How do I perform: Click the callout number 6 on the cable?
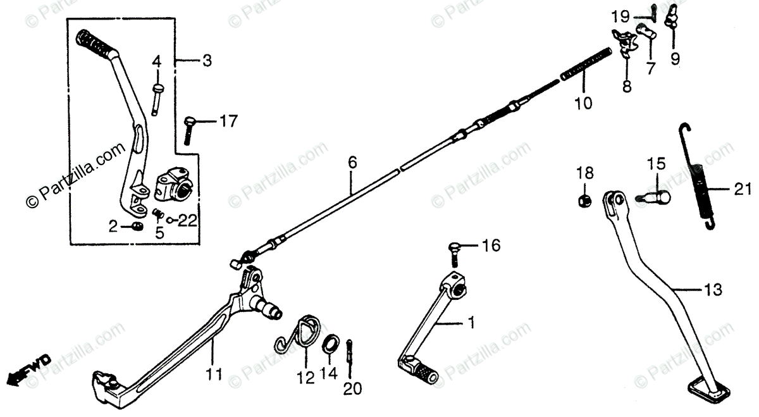pyautogui.click(x=352, y=163)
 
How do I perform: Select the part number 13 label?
pyautogui.click(x=712, y=289)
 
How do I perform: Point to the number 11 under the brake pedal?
pyautogui.click(x=214, y=375)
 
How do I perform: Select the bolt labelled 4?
pyautogui.click(x=156, y=98)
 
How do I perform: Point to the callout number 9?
pyautogui.click(x=675, y=59)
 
